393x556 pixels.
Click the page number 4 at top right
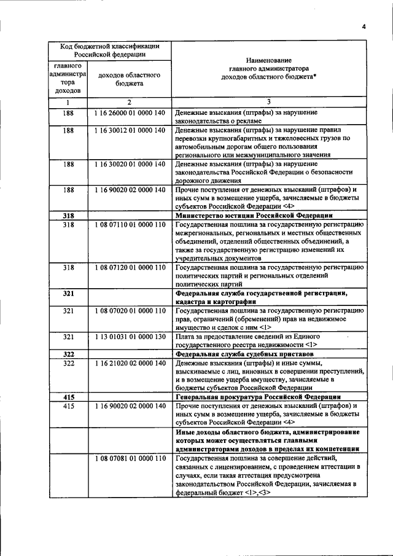(364, 26)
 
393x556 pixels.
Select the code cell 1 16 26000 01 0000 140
(130, 113)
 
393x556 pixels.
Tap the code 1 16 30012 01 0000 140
(130, 130)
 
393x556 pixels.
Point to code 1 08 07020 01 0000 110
(130, 311)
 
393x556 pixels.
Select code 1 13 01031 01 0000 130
(130, 337)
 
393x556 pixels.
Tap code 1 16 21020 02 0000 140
(130, 364)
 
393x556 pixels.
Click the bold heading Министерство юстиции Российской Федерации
(254, 216)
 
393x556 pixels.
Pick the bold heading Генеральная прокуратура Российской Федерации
(258, 397)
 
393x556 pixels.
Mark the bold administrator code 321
(68, 294)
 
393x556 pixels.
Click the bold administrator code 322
(68, 354)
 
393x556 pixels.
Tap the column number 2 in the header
(130, 101)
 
